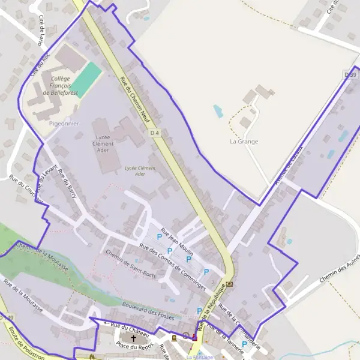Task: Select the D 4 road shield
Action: coord(155,133)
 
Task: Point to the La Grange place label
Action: coord(244,142)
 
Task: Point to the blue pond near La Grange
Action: coord(218,110)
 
